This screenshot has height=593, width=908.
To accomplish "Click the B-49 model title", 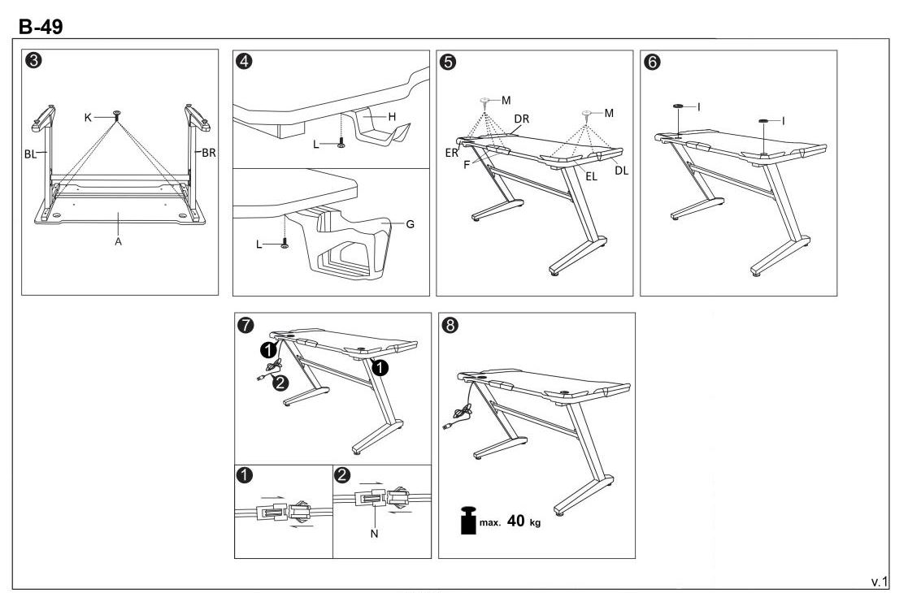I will click(x=41, y=27).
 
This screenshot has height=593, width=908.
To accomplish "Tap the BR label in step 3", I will click(x=210, y=152).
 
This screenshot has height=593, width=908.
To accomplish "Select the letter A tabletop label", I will click(x=119, y=243).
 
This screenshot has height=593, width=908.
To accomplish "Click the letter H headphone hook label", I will click(x=393, y=116).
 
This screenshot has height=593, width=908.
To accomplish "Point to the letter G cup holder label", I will click(x=410, y=223).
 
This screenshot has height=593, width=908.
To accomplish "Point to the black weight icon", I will click(x=467, y=521).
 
